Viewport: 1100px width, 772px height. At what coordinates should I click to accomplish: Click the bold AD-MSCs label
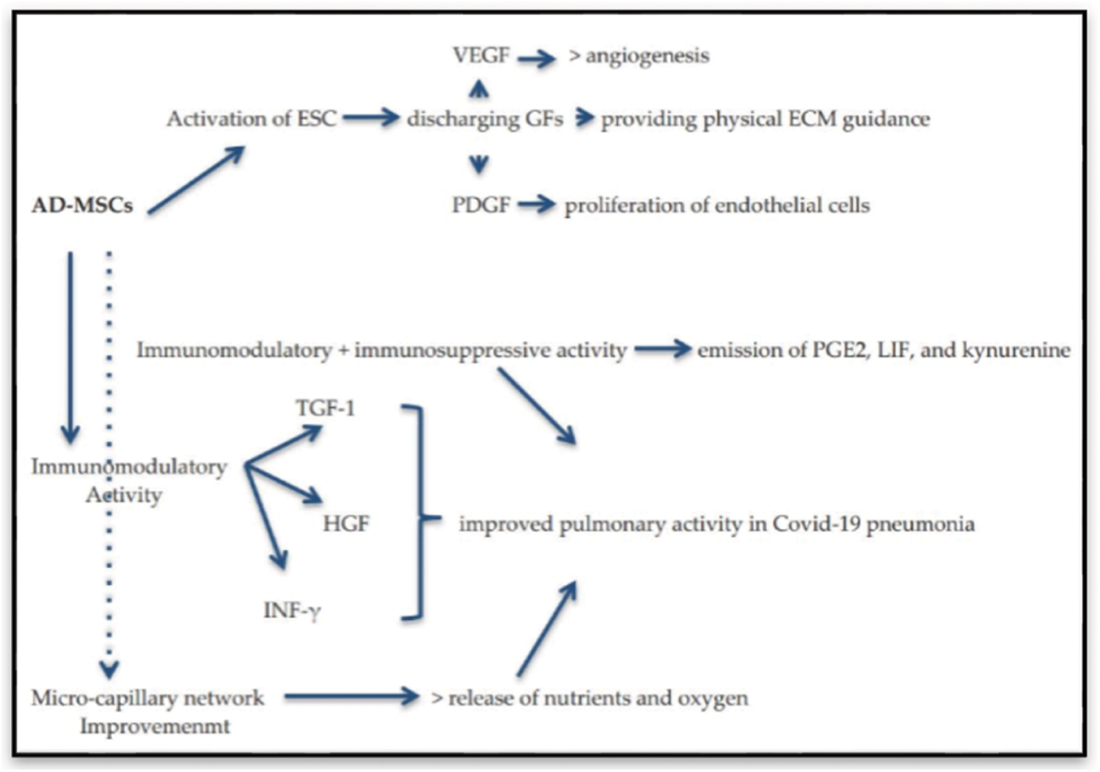82,205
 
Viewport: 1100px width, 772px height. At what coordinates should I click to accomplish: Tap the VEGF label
480,55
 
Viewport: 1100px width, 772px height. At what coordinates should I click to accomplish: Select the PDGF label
480,205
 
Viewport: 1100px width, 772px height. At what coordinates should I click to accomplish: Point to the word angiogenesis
648,56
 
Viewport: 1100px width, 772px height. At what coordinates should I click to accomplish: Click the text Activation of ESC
252,119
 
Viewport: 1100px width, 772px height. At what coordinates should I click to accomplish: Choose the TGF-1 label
325,408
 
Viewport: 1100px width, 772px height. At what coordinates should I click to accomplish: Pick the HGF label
346,523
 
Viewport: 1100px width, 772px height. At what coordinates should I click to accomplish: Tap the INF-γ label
292,610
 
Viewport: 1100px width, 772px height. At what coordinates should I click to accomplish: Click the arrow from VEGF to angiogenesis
537,58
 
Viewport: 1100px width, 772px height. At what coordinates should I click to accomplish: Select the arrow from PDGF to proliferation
537,205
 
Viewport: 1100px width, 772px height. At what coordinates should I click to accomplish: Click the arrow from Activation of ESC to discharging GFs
371,118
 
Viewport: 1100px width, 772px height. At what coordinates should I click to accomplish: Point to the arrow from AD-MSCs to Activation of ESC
196,180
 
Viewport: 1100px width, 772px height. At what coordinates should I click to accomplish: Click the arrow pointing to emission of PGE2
662,350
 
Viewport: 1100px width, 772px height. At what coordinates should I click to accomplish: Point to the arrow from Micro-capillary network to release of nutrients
351,696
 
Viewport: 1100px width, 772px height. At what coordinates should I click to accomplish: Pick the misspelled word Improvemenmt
155,727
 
